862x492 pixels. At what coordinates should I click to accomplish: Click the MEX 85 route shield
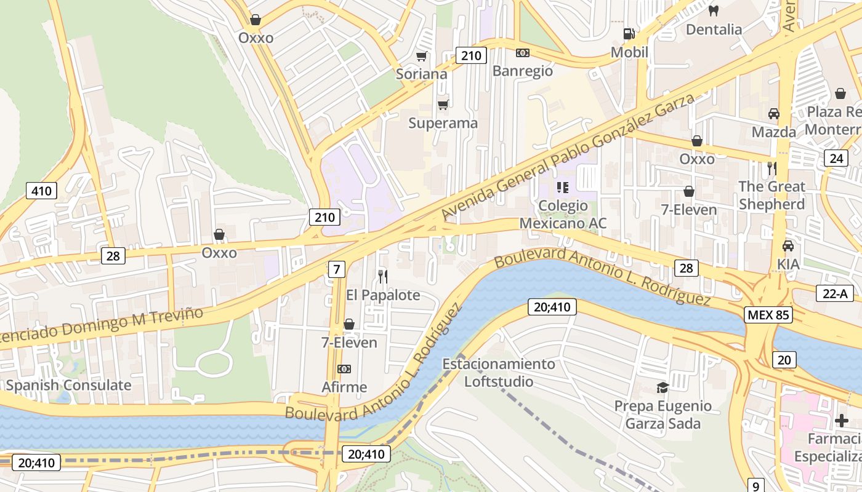coord(767,315)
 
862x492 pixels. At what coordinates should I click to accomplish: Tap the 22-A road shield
coord(834,293)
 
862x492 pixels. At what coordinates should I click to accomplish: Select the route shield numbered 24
coord(836,158)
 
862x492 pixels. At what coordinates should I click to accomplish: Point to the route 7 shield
coord(336,269)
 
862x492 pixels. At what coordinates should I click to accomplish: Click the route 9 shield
coord(755,485)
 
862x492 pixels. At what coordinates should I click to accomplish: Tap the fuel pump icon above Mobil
coord(629,34)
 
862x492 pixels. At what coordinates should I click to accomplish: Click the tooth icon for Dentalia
coord(714,10)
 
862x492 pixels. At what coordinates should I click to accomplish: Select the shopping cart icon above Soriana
coord(422,57)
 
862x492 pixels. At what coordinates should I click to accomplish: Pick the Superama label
coord(443,123)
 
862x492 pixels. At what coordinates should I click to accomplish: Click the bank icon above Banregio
coord(523,53)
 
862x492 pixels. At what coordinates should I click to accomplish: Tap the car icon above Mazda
coord(773,114)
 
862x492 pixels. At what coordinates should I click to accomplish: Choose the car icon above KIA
coord(787,246)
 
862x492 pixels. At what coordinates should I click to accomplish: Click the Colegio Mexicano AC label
coord(563,214)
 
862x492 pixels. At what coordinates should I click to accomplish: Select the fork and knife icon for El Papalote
coord(382,277)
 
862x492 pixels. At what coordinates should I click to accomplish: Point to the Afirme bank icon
coord(344,369)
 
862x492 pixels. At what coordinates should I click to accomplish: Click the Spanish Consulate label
coord(68,386)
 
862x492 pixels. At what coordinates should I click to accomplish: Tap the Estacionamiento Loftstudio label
coord(499,373)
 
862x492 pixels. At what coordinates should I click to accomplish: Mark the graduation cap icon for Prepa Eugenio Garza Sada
coord(663,387)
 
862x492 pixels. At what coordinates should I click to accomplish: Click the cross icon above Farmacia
coord(841,421)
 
